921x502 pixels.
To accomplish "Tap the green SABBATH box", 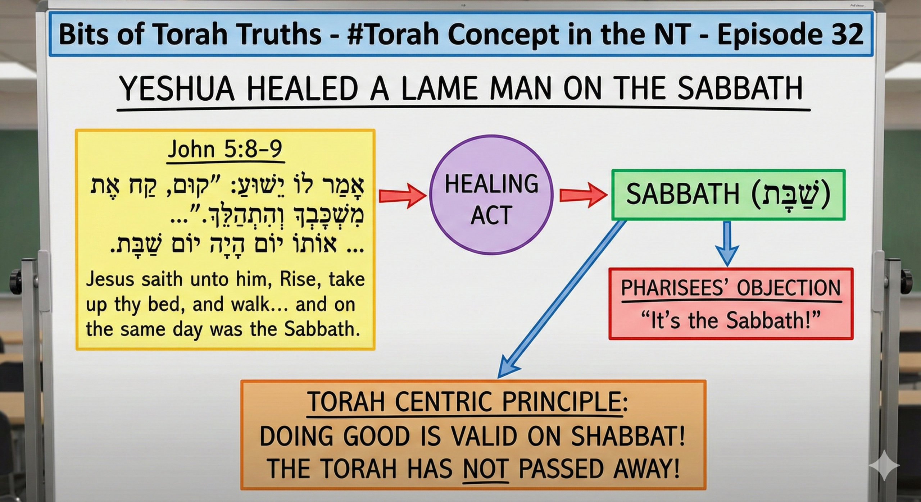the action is [729, 195].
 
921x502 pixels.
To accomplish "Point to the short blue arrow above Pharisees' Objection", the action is [727, 244].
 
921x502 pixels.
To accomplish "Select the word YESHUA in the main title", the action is [177, 88].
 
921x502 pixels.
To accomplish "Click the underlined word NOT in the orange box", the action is [486, 468].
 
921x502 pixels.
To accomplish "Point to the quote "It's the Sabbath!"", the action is [731, 320].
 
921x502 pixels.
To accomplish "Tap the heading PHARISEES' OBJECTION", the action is [731, 288].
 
